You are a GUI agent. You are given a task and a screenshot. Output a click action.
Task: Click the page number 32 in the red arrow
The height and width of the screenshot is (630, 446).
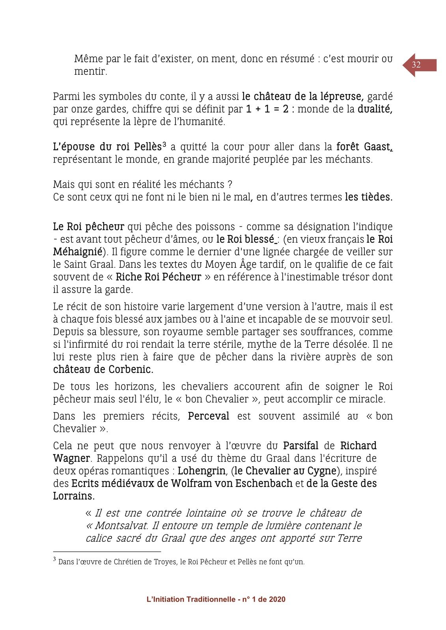416,65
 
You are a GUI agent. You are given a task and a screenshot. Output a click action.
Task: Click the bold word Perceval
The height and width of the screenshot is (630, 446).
208,416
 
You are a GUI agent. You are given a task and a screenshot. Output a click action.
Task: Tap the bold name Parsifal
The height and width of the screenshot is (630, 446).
300,446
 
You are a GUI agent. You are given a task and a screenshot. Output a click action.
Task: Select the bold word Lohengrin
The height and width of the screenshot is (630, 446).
202,471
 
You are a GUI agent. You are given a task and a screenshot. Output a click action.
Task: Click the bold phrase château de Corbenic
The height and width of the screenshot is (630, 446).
103,370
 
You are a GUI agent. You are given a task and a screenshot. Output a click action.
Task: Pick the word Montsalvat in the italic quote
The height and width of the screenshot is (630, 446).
122,526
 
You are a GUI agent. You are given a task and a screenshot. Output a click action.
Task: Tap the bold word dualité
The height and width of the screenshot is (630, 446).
375,109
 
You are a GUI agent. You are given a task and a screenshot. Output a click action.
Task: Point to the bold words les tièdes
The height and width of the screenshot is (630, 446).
368,197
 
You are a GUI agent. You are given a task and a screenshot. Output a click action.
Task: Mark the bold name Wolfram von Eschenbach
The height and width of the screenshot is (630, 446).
231,484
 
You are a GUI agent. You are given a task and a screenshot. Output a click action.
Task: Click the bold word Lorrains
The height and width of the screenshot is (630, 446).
73,496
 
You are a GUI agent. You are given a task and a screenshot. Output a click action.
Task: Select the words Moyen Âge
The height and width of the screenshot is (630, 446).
232,265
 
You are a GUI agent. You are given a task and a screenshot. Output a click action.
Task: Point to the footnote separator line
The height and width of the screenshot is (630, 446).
107,552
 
